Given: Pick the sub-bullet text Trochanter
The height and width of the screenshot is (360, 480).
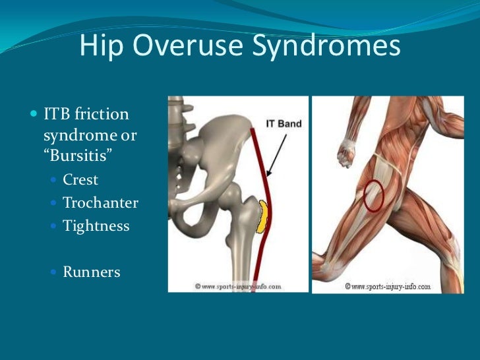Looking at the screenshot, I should click(100, 202).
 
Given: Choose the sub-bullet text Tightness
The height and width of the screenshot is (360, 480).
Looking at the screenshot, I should click(96, 225).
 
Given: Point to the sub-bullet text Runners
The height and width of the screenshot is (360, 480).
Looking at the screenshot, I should click(92, 271).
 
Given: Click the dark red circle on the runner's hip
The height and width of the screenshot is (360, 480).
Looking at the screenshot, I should click(374, 196).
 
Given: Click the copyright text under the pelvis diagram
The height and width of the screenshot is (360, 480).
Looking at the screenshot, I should click(239, 287).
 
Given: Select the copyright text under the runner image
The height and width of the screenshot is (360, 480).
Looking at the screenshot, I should click(388, 287).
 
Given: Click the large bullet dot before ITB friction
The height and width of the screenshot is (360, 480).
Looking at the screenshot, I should click(34, 114).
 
